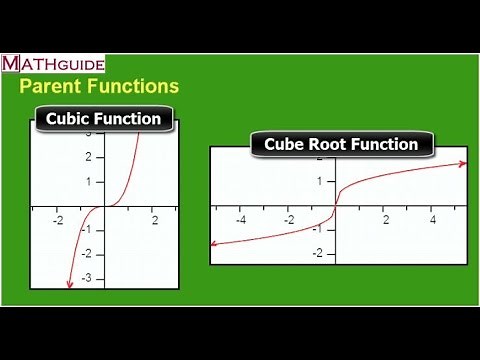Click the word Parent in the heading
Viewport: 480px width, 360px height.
tap(52, 87)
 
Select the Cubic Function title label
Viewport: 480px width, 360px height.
tap(103, 119)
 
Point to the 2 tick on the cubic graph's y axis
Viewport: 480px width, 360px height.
tap(89, 157)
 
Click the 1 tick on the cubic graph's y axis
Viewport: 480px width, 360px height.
tap(89, 182)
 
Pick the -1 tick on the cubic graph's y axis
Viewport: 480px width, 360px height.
tap(87, 229)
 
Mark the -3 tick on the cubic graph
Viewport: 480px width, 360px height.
tap(87, 277)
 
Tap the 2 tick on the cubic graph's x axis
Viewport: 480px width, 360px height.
tap(154, 219)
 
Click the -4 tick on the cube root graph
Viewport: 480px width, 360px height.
tap(240, 220)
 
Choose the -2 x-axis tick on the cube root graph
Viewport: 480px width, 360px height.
tap(288, 220)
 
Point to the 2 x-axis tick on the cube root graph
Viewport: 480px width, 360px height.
tap(385, 220)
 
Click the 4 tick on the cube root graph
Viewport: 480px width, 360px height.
tap(433, 220)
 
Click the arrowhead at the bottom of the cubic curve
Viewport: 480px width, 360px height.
tap(69, 286)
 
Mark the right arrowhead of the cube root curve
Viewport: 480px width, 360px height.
tap(463, 164)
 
